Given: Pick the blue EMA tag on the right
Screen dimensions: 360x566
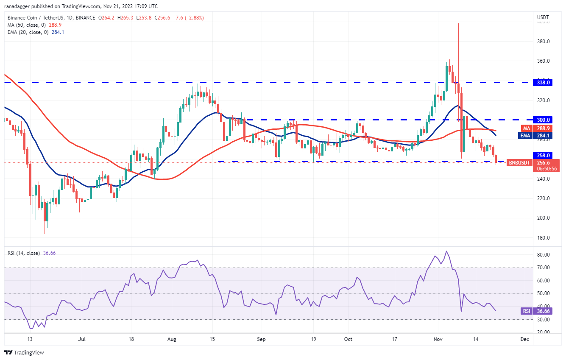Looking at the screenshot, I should pyautogui.click(x=526, y=136).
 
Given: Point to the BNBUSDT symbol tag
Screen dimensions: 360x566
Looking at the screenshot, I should pyautogui.click(x=519, y=162).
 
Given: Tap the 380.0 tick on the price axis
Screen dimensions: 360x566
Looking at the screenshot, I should pyautogui.click(x=544, y=42).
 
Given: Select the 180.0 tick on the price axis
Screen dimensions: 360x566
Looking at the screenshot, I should pyautogui.click(x=544, y=237).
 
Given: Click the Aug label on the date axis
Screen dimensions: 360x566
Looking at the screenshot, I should pyautogui.click(x=172, y=339).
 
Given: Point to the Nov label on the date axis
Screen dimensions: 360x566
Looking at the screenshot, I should pyautogui.click(x=438, y=339).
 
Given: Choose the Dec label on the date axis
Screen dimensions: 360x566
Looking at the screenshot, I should pyautogui.click(x=525, y=339).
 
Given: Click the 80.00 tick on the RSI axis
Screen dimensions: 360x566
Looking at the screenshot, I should pyautogui.click(x=544, y=255).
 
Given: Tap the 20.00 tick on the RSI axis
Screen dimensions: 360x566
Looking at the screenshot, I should pyautogui.click(x=544, y=332).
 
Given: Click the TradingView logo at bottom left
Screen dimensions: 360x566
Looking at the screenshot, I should pyautogui.click(x=24, y=352).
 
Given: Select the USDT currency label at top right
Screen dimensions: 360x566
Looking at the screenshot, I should pyautogui.click(x=543, y=17).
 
